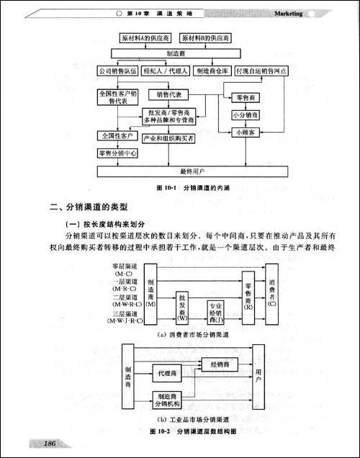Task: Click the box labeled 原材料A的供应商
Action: click(143, 37)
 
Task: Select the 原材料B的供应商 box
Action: click(207, 37)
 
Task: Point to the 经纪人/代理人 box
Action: click(166, 71)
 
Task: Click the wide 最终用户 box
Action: click(192, 171)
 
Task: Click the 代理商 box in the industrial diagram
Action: click(165, 373)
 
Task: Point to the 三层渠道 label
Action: click(125, 315)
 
